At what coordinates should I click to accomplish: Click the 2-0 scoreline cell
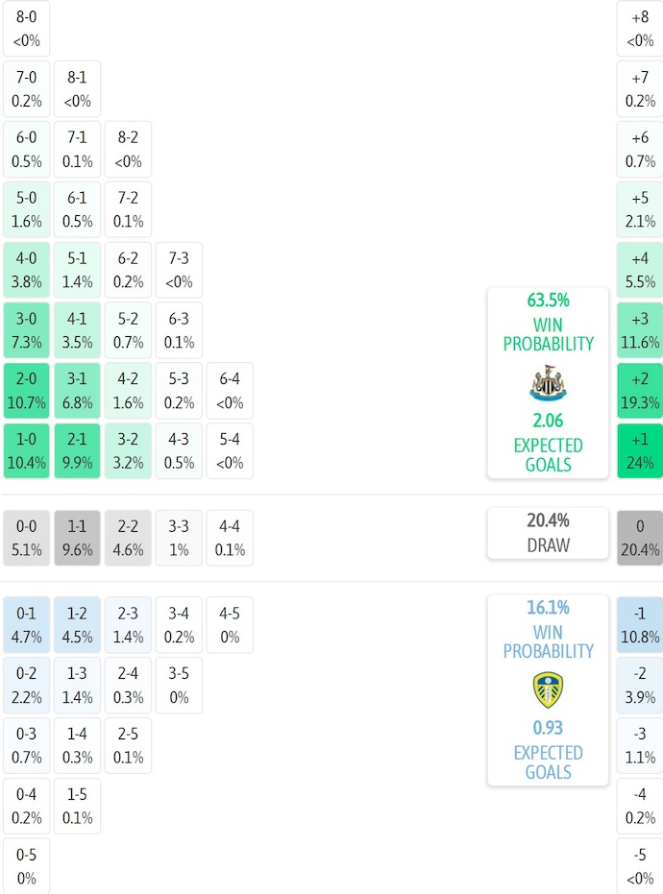[26, 390]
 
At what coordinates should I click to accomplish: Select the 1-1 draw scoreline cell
[77, 538]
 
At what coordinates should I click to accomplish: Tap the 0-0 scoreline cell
[26, 538]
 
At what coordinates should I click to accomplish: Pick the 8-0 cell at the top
[26, 28]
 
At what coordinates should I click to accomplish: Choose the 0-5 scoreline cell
[26, 866]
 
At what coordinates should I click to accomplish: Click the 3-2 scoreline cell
[128, 450]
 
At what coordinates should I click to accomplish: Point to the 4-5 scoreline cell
[230, 624]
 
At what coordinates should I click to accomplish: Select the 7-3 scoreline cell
[179, 270]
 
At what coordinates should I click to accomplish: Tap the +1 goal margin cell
[640, 450]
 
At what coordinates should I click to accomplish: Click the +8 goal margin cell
[640, 28]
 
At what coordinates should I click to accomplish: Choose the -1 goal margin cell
[640, 624]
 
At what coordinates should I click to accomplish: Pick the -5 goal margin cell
[640, 866]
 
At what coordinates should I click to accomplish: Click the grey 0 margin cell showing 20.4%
[640, 538]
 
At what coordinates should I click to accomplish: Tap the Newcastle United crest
[548, 382]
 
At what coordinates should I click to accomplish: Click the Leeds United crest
[548, 689]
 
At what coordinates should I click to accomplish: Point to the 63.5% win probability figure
[548, 300]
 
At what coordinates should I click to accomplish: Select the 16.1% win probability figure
[548, 608]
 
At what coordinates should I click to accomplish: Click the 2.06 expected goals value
[548, 421]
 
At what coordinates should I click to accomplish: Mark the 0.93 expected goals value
[548, 728]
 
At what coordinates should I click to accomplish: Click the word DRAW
[548, 545]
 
